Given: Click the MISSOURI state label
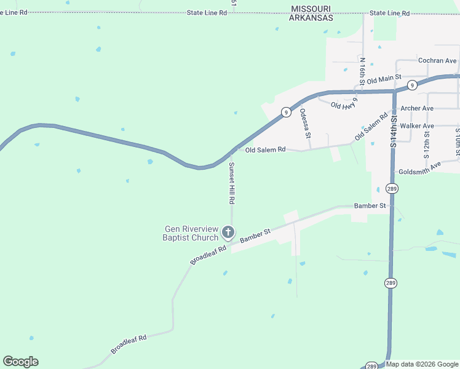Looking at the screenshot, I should [312, 9].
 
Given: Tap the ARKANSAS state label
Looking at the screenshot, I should [312, 18].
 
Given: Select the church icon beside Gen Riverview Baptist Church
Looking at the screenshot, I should [228, 232].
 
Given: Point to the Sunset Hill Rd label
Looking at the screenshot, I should [232, 183].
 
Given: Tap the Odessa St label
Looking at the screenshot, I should [304, 124].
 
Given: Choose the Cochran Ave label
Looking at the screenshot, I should [437, 61].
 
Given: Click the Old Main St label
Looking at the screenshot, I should [384, 79].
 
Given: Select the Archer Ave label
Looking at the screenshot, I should [417, 108].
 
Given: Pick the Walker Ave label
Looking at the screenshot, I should [417, 125].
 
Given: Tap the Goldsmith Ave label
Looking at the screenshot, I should [420, 167].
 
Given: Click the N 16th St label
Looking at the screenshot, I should [363, 71].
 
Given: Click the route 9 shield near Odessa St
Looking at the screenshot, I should [286, 112].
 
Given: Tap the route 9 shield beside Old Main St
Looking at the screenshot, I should [412, 84].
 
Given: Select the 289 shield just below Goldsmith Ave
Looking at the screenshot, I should [392, 188].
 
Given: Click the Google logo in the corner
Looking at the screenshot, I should [20, 362].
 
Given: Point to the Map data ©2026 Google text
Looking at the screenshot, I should [422, 365].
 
